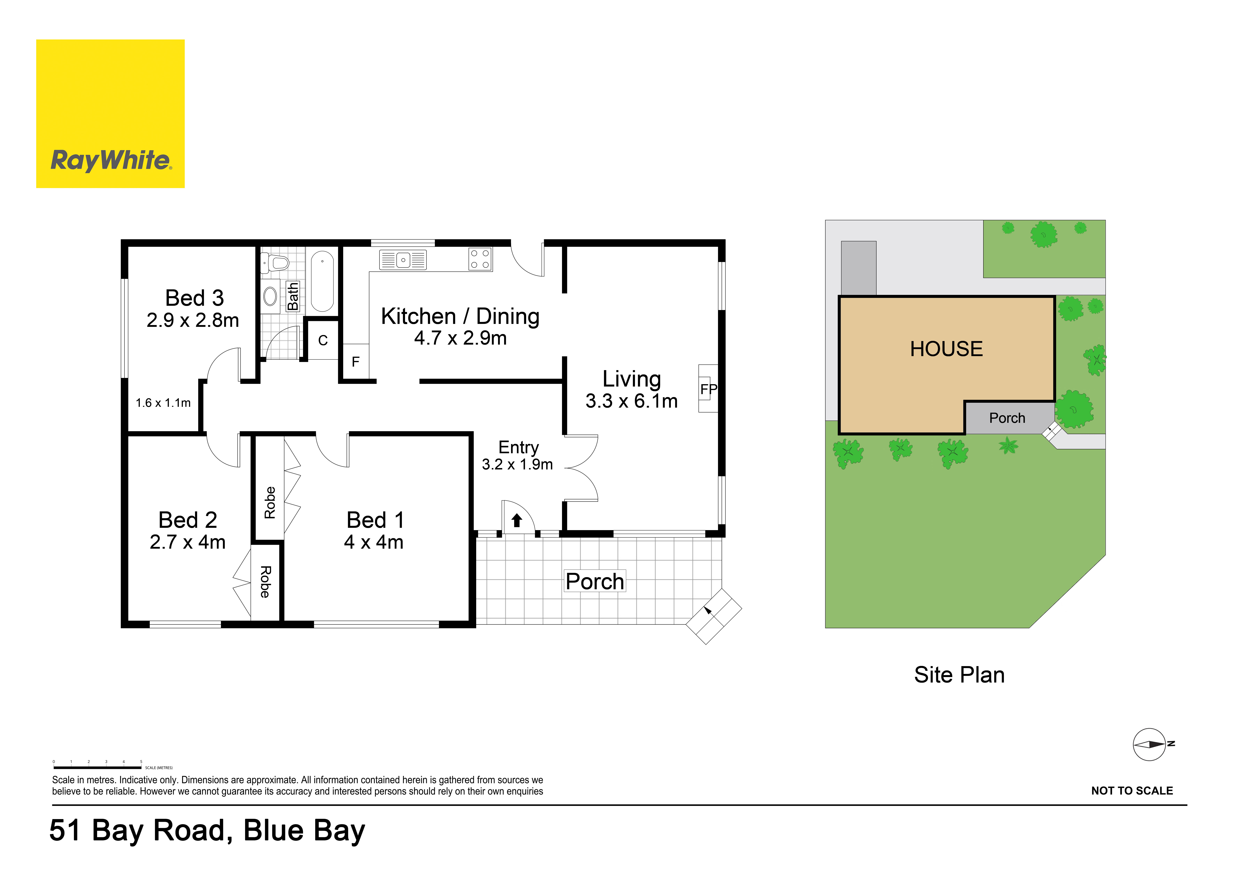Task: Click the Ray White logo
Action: [110, 114]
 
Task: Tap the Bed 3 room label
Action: [195, 298]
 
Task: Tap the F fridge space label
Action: [356, 362]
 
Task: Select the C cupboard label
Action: [323, 341]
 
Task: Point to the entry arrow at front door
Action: [517, 520]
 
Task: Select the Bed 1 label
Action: [375, 520]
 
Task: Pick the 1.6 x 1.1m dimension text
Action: [163, 403]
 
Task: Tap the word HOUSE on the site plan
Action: [946, 349]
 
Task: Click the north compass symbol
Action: [1150, 745]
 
